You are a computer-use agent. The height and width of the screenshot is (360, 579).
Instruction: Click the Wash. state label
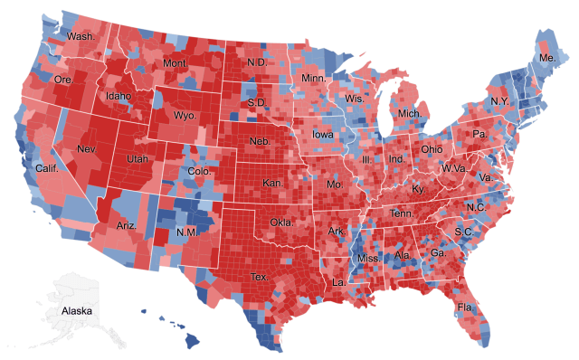click(80, 37)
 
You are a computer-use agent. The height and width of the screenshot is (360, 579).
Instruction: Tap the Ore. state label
click(62, 80)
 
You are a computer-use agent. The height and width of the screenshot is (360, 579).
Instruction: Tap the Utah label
click(138, 158)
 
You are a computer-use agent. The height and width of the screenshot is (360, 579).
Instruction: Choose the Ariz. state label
click(128, 224)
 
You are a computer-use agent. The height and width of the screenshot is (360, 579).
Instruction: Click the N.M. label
click(187, 232)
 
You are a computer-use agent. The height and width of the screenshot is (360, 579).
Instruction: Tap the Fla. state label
click(467, 307)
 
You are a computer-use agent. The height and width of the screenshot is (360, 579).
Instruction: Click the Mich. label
click(410, 114)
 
